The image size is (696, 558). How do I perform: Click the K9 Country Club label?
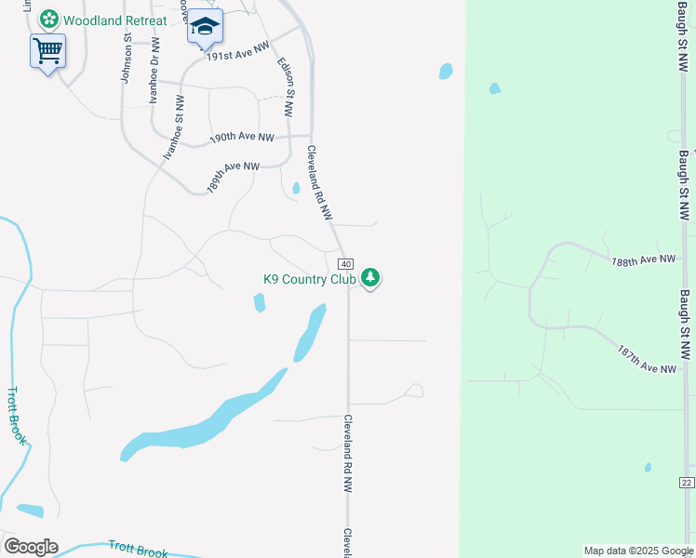coord(310,278)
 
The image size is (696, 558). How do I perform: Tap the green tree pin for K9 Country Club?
coord(370,277)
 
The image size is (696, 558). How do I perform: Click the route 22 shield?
coord(687,482)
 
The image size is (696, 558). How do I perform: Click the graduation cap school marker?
coord(205,27)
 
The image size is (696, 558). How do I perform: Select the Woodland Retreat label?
coord(115,20)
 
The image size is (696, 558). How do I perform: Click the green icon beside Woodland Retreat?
coord(49,20)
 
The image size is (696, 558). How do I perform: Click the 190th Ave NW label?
coord(242,137)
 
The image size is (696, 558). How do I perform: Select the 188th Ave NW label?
coord(643,261)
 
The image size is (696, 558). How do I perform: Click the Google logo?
coord(31,547)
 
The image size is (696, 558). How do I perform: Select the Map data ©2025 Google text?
coord(638,551)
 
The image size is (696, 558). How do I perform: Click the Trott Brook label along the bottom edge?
coord(139,550)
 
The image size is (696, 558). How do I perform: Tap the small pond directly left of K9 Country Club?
coord(259,302)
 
